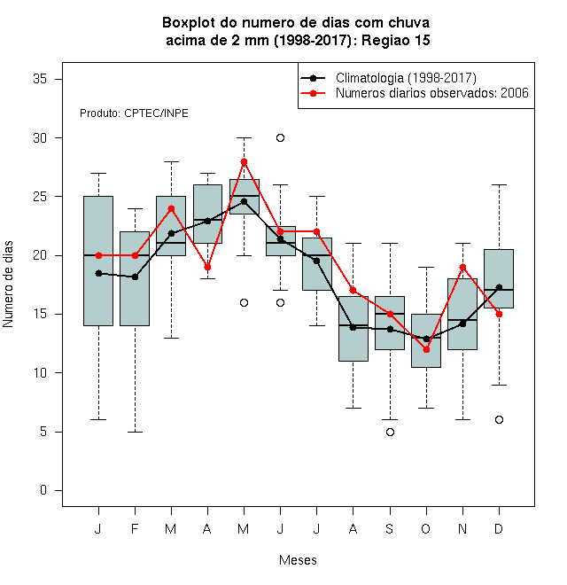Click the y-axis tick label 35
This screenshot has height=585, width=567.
(x=40, y=79)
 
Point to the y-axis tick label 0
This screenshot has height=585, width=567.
(x=43, y=490)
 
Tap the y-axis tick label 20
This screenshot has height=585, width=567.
(x=40, y=255)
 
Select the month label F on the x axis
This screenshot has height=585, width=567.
(x=135, y=528)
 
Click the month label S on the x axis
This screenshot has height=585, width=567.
(x=390, y=528)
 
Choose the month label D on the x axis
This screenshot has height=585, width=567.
(x=499, y=528)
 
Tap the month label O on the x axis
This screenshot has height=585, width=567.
(x=425, y=528)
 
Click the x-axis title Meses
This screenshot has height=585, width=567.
(x=298, y=560)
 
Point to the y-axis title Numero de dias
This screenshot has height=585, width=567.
(x=8, y=285)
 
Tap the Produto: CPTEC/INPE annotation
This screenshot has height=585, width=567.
(x=134, y=113)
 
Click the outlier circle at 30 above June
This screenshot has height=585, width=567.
(x=281, y=138)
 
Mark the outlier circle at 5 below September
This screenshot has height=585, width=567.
(x=390, y=432)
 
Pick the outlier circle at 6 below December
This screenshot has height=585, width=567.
(x=499, y=420)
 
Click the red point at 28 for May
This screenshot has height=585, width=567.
(x=244, y=161)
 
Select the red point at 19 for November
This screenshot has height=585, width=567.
(x=463, y=267)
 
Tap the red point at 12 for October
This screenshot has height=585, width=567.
(x=427, y=349)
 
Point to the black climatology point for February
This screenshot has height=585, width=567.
(x=135, y=277)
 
